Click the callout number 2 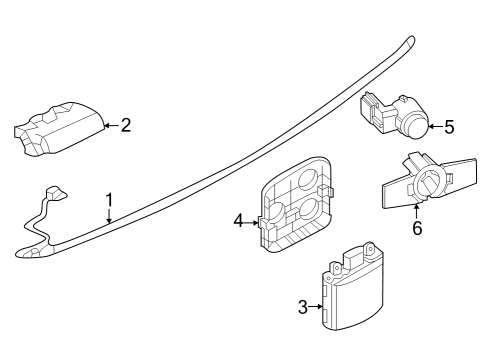click(x=125, y=125)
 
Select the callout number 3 click(x=303, y=307)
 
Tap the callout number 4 click(x=238, y=220)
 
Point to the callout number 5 click(x=449, y=126)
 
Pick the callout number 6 click(x=417, y=228)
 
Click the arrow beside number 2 click(x=110, y=125)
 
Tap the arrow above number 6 click(x=417, y=210)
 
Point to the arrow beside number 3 click(x=318, y=307)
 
